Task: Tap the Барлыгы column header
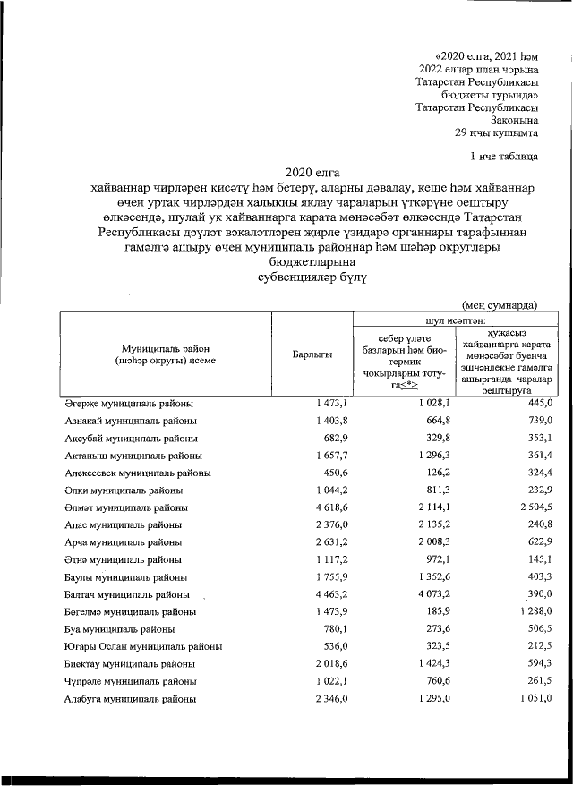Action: tap(312, 355)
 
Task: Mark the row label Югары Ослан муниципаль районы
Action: tap(143, 645)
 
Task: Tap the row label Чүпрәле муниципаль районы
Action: tap(131, 680)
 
